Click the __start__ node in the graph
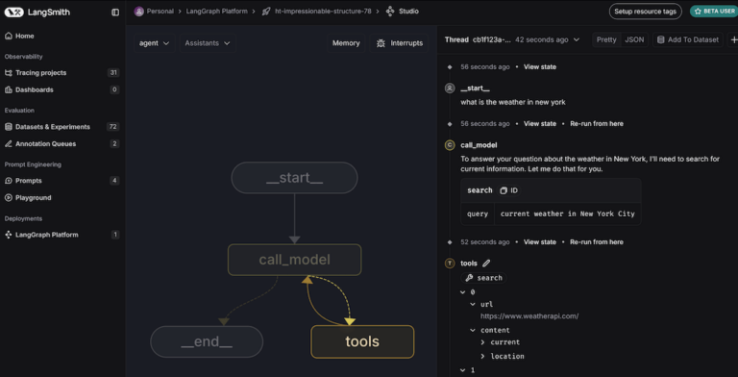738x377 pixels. pos(294,178)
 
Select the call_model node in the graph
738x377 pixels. pos(294,260)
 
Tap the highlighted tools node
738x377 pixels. pos(362,341)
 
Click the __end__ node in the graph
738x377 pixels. pos(207,341)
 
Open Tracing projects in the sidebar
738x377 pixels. pos(40,72)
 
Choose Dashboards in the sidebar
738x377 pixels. pos(35,89)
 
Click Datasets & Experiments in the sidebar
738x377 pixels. pos(52,126)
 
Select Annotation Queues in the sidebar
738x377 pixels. pos(45,143)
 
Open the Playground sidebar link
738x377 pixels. pos(34,197)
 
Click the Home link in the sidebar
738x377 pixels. pos(24,36)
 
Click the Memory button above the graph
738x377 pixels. pos(346,43)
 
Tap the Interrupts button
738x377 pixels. pos(400,43)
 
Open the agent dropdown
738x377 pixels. pos(154,43)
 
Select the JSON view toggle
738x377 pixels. pos(634,39)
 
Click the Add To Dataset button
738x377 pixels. pos(688,39)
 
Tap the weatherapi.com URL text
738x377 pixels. pos(529,315)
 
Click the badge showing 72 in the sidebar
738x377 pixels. pos(113,126)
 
